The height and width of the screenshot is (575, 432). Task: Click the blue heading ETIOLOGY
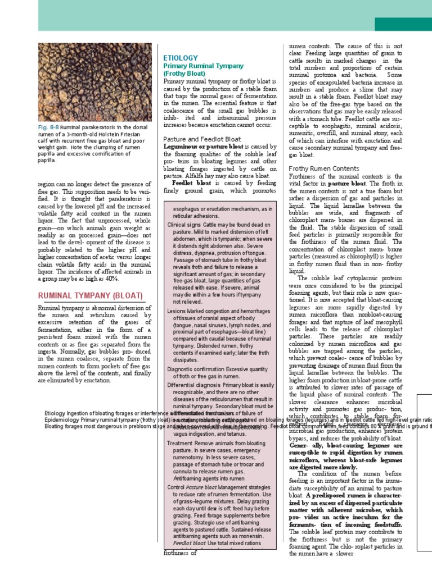[180, 58]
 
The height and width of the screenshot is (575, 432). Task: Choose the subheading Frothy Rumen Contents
[323, 168]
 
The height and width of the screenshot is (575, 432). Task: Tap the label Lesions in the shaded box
[177, 311]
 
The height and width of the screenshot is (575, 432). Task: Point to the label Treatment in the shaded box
[181, 443]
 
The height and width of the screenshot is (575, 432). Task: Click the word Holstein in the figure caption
[109, 135]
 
